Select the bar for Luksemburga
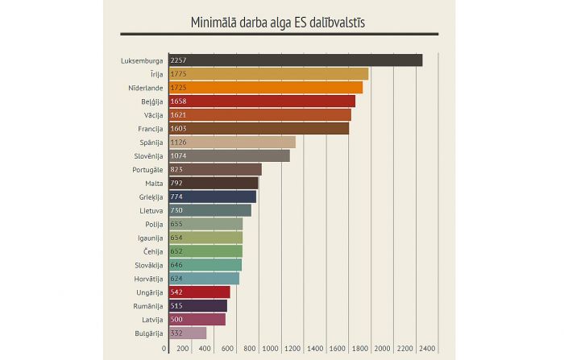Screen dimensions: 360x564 tap(295, 60)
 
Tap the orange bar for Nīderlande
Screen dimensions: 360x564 tap(265, 87)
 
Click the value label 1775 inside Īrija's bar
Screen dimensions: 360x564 tap(179, 73)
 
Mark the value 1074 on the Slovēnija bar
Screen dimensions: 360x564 tap(179, 155)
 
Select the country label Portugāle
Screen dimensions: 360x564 tap(147, 169)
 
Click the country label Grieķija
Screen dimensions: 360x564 tap(151, 197)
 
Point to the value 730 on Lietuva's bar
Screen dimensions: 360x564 tap(177, 210)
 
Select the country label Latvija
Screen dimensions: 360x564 tap(152, 319)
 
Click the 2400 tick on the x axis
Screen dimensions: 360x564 tap(428, 349)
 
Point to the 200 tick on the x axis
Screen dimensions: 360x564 tap(183, 349)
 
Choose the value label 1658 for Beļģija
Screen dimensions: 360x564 tap(179, 101)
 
